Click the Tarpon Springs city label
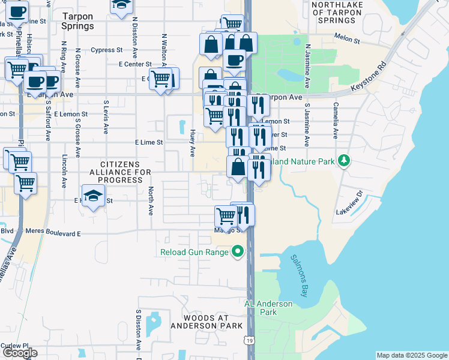(x=77, y=22)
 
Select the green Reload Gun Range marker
(x=238, y=252)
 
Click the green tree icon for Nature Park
(x=343, y=160)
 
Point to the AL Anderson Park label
(x=268, y=308)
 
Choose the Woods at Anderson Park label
(x=206, y=322)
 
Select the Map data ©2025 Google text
(x=411, y=355)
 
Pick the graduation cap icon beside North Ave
(x=93, y=196)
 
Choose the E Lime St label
(x=149, y=142)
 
